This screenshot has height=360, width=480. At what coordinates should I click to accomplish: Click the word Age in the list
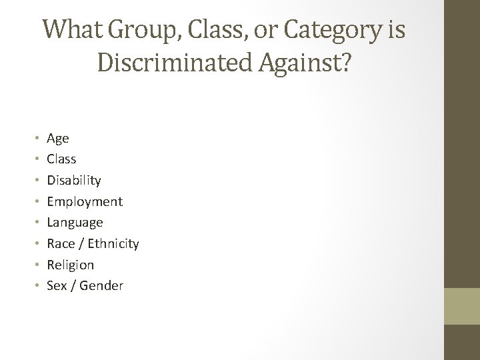click(x=57, y=139)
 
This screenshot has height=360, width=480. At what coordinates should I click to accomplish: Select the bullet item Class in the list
click(x=61, y=159)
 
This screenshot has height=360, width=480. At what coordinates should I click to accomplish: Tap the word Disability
click(x=73, y=181)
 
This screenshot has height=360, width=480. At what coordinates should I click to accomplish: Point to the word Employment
click(x=84, y=201)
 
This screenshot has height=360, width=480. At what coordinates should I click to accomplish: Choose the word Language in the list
click(x=75, y=223)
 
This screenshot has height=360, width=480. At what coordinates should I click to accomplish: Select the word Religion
click(x=70, y=265)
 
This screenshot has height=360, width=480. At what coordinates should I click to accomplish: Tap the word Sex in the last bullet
click(x=57, y=285)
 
